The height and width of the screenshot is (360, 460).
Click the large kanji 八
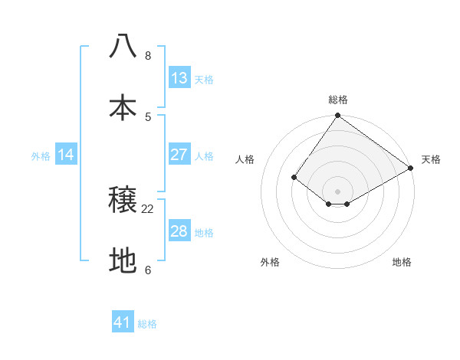click(x=123, y=46)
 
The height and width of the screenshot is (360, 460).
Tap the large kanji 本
click(x=123, y=107)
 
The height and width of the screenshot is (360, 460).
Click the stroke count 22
click(x=148, y=208)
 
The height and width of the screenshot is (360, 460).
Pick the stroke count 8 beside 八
click(x=148, y=56)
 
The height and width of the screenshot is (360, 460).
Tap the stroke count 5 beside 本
click(x=148, y=116)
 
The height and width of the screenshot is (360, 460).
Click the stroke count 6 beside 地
click(x=148, y=270)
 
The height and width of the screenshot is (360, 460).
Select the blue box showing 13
click(x=179, y=78)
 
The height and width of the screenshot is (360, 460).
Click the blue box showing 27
click(x=179, y=155)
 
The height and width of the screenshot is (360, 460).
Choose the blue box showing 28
click(x=179, y=231)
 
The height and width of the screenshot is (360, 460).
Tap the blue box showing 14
click(x=66, y=155)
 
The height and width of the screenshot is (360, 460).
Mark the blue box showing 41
click(x=123, y=322)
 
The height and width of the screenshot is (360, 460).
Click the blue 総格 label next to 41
click(x=147, y=324)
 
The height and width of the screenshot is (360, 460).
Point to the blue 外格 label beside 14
click(x=41, y=156)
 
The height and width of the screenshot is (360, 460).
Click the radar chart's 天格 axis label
click(x=431, y=159)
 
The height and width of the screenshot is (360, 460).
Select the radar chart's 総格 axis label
click(x=338, y=100)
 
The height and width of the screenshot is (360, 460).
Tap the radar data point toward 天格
click(x=411, y=168)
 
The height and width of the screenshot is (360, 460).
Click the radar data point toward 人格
click(x=294, y=177)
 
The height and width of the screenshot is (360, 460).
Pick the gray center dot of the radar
click(x=338, y=191)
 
